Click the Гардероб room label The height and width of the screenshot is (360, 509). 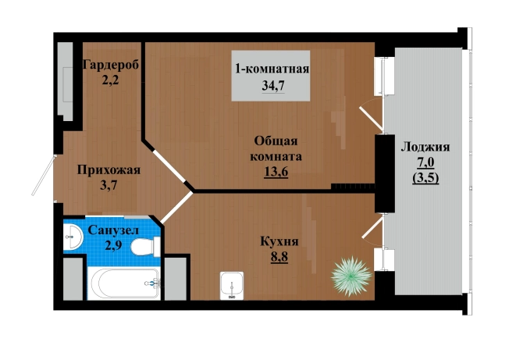[x=111, y=65]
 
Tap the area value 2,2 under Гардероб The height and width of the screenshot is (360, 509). [x=110, y=80]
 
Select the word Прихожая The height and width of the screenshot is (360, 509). [x=109, y=170]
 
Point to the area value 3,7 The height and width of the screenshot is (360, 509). [x=109, y=185]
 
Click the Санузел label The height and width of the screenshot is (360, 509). [x=113, y=230]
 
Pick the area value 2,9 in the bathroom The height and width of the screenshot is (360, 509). [x=113, y=245]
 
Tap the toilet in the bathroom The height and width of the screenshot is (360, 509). [x=145, y=247]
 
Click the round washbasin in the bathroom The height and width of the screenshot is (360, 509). [x=73, y=237]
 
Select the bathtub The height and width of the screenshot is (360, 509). [x=123, y=283]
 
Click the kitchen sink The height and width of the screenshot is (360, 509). [x=232, y=286]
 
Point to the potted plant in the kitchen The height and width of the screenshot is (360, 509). [x=351, y=276]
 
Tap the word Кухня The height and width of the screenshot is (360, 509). [x=279, y=242]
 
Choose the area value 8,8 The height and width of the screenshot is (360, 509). [x=279, y=257]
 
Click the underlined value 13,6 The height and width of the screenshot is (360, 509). [x=276, y=172]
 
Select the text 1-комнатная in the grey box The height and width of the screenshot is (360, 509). [x=272, y=70]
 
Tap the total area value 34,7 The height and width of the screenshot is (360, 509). [x=273, y=86]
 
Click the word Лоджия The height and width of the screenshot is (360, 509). [x=425, y=147]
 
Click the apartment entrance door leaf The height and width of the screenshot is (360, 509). [x=44, y=176]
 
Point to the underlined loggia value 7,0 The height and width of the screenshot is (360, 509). [x=425, y=162]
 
